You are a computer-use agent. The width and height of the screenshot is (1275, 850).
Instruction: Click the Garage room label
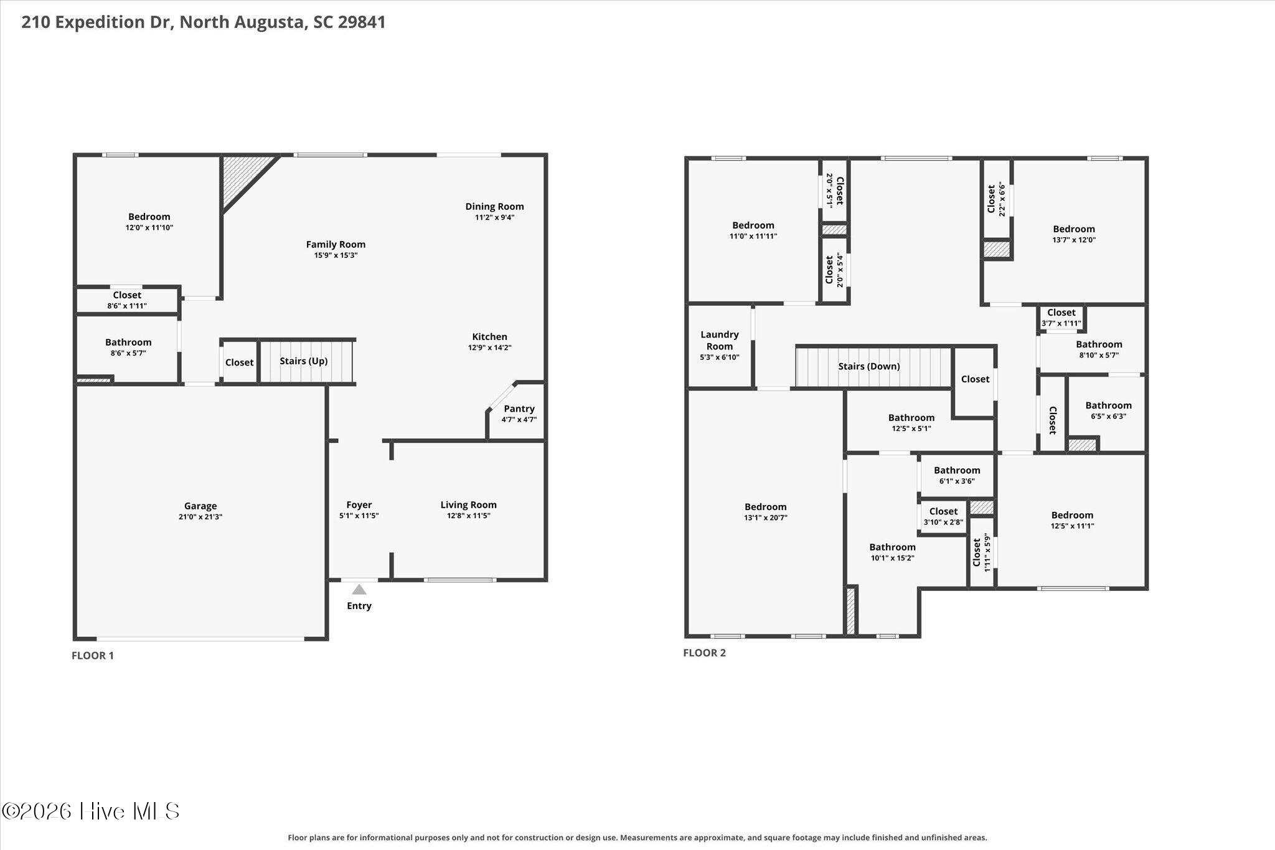tap(200, 506)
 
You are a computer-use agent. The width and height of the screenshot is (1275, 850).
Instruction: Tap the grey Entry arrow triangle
tap(359, 590)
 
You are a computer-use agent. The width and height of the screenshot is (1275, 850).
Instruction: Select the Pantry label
tap(519, 408)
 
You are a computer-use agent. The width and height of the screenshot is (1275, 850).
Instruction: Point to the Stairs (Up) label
tap(303, 361)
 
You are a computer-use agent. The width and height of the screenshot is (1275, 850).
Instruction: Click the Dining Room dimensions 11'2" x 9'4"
tap(495, 217)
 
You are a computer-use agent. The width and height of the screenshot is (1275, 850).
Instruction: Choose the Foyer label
tap(359, 505)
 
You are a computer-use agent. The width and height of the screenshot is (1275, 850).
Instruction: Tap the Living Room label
tap(469, 505)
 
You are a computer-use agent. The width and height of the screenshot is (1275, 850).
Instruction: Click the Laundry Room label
tap(720, 341)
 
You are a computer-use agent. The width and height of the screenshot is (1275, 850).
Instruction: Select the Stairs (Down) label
tap(869, 366)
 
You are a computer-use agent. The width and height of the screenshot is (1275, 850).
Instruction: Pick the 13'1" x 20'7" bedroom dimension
tap(766, 517)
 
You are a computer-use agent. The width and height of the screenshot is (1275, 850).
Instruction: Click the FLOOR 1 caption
tap(93, 655)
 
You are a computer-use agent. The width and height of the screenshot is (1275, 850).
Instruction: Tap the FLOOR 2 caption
tap(705, 653)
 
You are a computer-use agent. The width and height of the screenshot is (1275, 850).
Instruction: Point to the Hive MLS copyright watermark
tap(91, 811)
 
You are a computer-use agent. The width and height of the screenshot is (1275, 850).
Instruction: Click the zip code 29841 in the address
tap(362, 22)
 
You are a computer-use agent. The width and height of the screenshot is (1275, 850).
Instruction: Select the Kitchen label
tap(490, 337)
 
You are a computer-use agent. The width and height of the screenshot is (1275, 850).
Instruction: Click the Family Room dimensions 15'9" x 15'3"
tap(336, 255)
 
